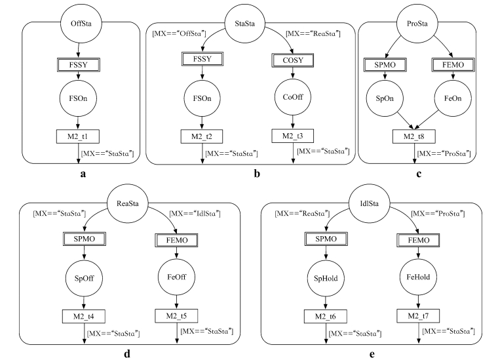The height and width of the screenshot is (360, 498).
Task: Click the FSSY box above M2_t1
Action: (x=79, y=64)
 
